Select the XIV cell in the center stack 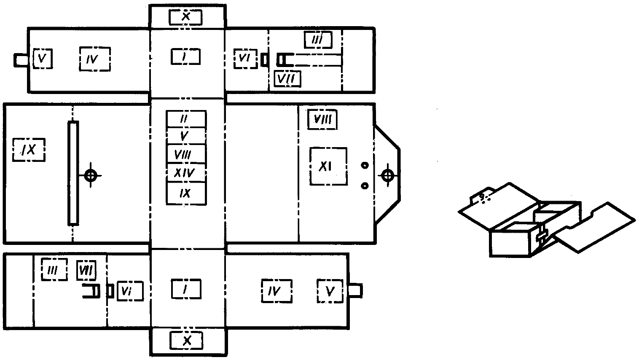(186, 172)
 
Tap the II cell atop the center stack (186, 118)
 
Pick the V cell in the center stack (186, 136)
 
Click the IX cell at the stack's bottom (186, 193)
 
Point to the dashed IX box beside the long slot (29, 149)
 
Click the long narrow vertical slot (73, 173)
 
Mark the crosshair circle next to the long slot (91, 175)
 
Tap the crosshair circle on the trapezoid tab (387, 175)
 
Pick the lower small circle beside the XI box (365, 185)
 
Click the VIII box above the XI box (322, 120)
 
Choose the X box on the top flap (186, 16)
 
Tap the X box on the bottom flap (186, 341)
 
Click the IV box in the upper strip (95, 59)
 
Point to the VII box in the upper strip (287, 78)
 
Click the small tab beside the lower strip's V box (356, 290)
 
